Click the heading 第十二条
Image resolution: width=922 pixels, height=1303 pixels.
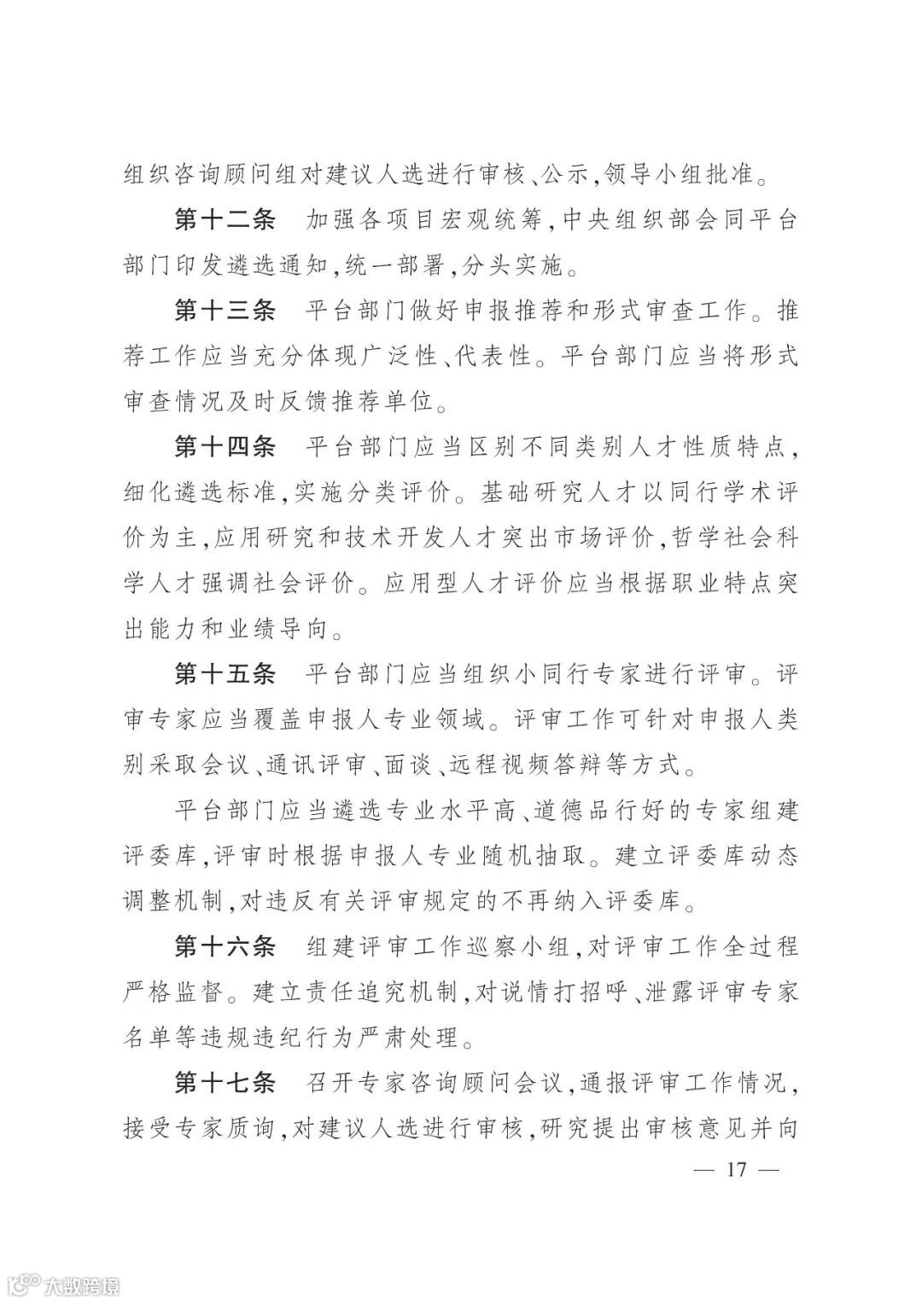pos(225,220)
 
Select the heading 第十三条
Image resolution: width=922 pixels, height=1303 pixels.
pos(225,311)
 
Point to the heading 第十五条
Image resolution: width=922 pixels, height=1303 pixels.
pos(225,674)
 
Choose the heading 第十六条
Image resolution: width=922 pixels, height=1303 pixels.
pos(225,947)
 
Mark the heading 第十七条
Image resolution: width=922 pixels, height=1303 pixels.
pos(225,1084)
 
